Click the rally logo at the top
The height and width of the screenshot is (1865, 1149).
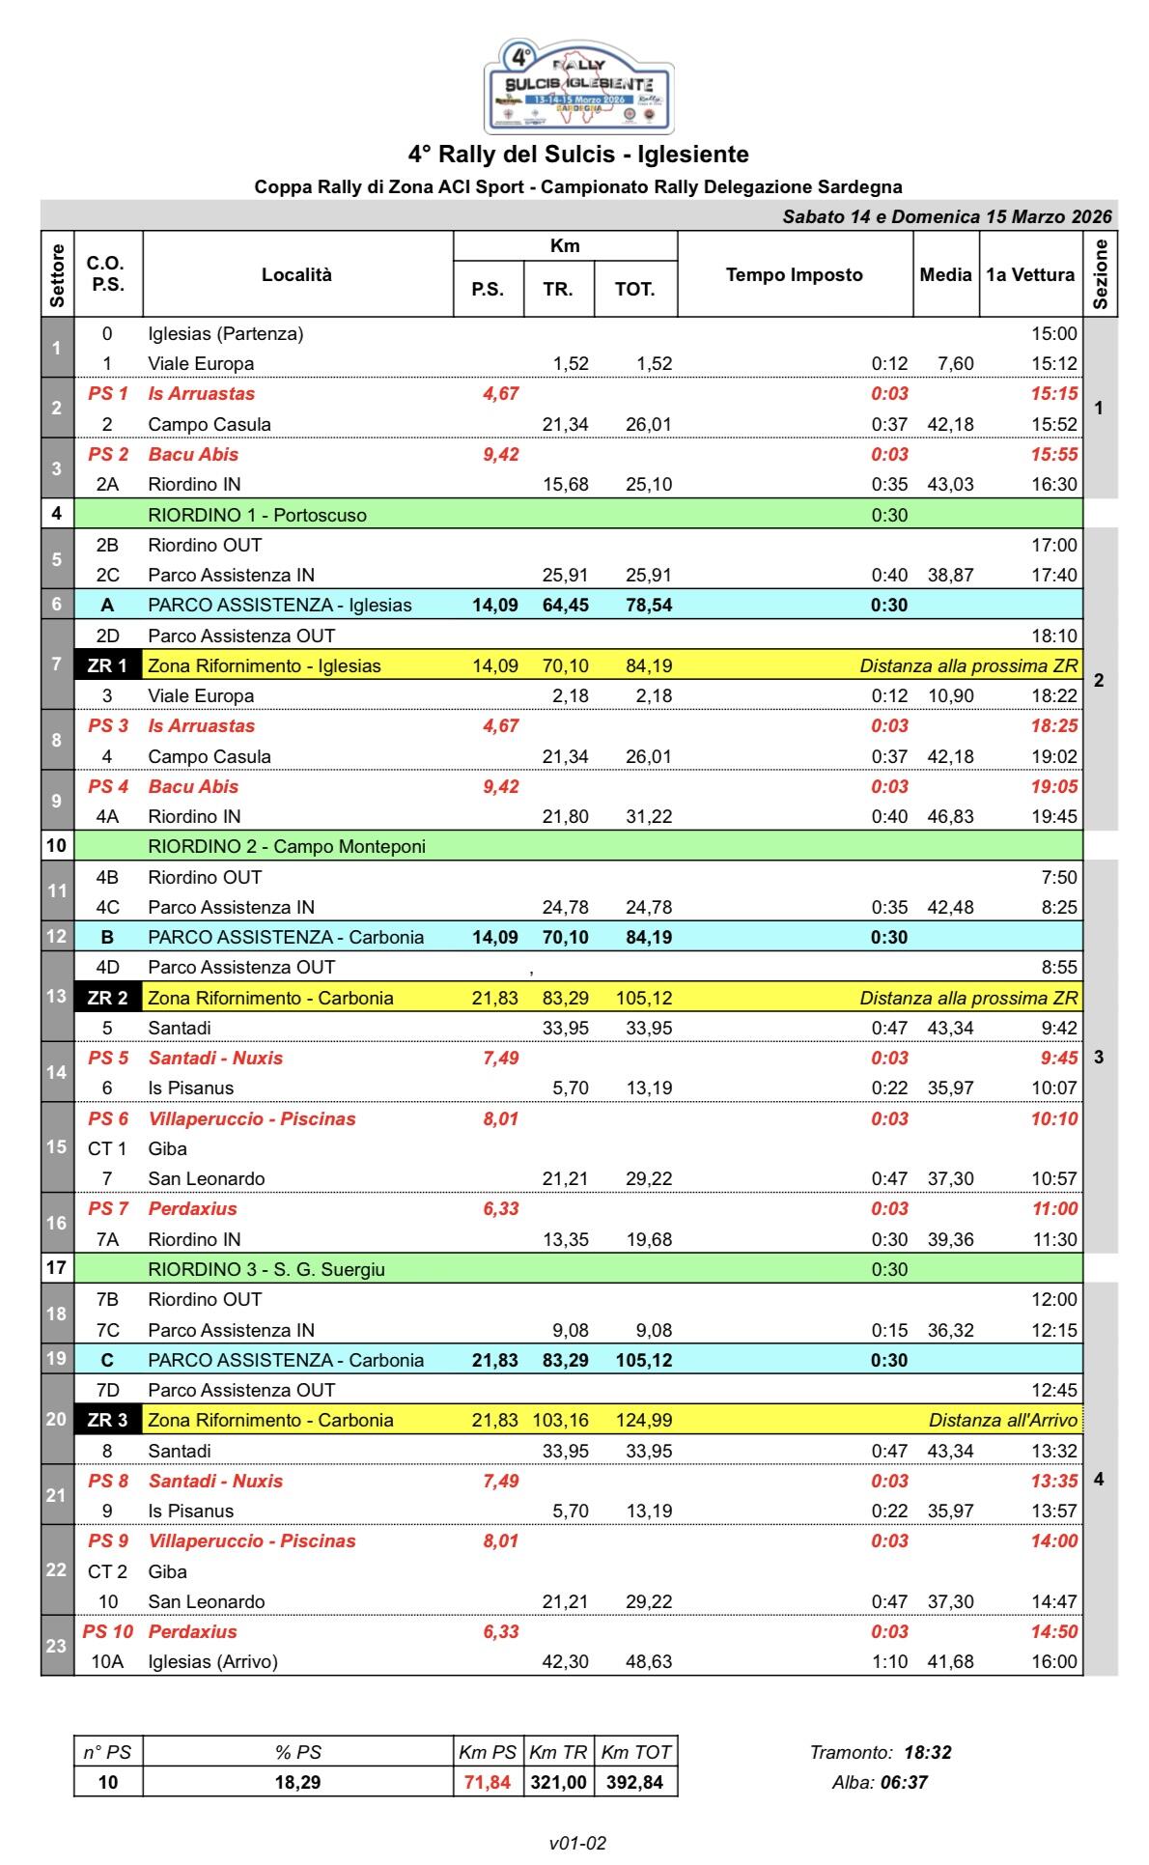(x=579, y=86)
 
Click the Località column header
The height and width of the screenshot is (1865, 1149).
(x=296, y=274)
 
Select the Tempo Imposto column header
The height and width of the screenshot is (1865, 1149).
(x=794, y=274)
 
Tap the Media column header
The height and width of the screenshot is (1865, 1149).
(x=945, y=274)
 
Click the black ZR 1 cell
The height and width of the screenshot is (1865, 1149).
(x=107, y=665)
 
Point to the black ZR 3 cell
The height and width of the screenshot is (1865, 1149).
(x=107, y=1420)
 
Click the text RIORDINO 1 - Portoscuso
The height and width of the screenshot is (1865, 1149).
(x=257, y=515)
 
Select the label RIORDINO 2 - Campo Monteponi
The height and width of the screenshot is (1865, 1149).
(x=286, y=847)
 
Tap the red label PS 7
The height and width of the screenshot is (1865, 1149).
(x=107, y=1208)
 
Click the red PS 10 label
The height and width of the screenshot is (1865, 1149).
(x=106, y=1631)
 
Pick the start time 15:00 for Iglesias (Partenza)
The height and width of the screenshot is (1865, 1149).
(x=1053, y=334)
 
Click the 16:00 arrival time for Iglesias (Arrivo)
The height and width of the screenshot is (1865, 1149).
(x=1053, y=1661)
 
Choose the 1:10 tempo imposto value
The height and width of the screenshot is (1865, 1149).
(x=889, y=1661)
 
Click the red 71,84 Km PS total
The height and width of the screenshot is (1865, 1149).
(x=487, y=1782)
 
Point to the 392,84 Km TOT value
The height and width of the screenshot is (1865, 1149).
(x=634, y=1782)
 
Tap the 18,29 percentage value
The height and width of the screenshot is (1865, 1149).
(x=297, y=1782)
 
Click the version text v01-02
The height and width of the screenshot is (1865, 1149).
(x=577, y=1843)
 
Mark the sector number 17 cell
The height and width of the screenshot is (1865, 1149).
(x=56, y=1268)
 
